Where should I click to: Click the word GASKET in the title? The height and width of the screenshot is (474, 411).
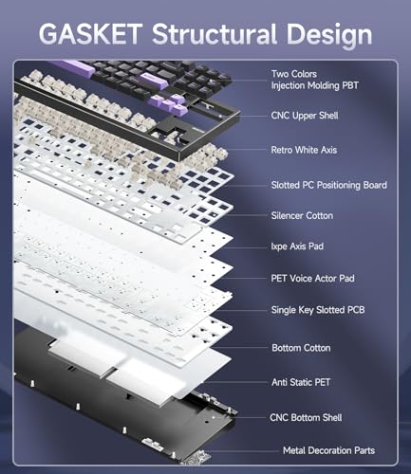[90, 33]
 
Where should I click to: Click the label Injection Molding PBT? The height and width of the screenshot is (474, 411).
[315, 85]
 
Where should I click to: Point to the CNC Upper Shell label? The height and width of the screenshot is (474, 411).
[305, 116]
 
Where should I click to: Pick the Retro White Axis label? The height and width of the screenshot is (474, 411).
[304, 150]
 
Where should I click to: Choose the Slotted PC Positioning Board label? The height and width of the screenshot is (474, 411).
[328, 185]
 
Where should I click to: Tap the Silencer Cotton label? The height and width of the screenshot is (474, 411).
[302, 215]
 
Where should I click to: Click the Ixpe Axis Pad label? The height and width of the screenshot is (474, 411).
[297, 246]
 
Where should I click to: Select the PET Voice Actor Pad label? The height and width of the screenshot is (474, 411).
[312, 278]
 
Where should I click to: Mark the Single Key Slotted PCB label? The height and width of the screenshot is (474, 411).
[318, 310]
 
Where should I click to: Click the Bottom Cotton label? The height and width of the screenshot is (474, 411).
[301, 348]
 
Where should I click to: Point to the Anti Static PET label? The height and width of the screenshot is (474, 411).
[301, 382]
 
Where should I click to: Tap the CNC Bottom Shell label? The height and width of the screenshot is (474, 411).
[306, 417]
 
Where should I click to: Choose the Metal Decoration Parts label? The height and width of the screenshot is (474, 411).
[328, 450]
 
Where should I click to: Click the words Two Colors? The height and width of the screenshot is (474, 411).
[294, 74]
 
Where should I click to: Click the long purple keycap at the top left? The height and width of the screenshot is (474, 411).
[72, 68]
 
